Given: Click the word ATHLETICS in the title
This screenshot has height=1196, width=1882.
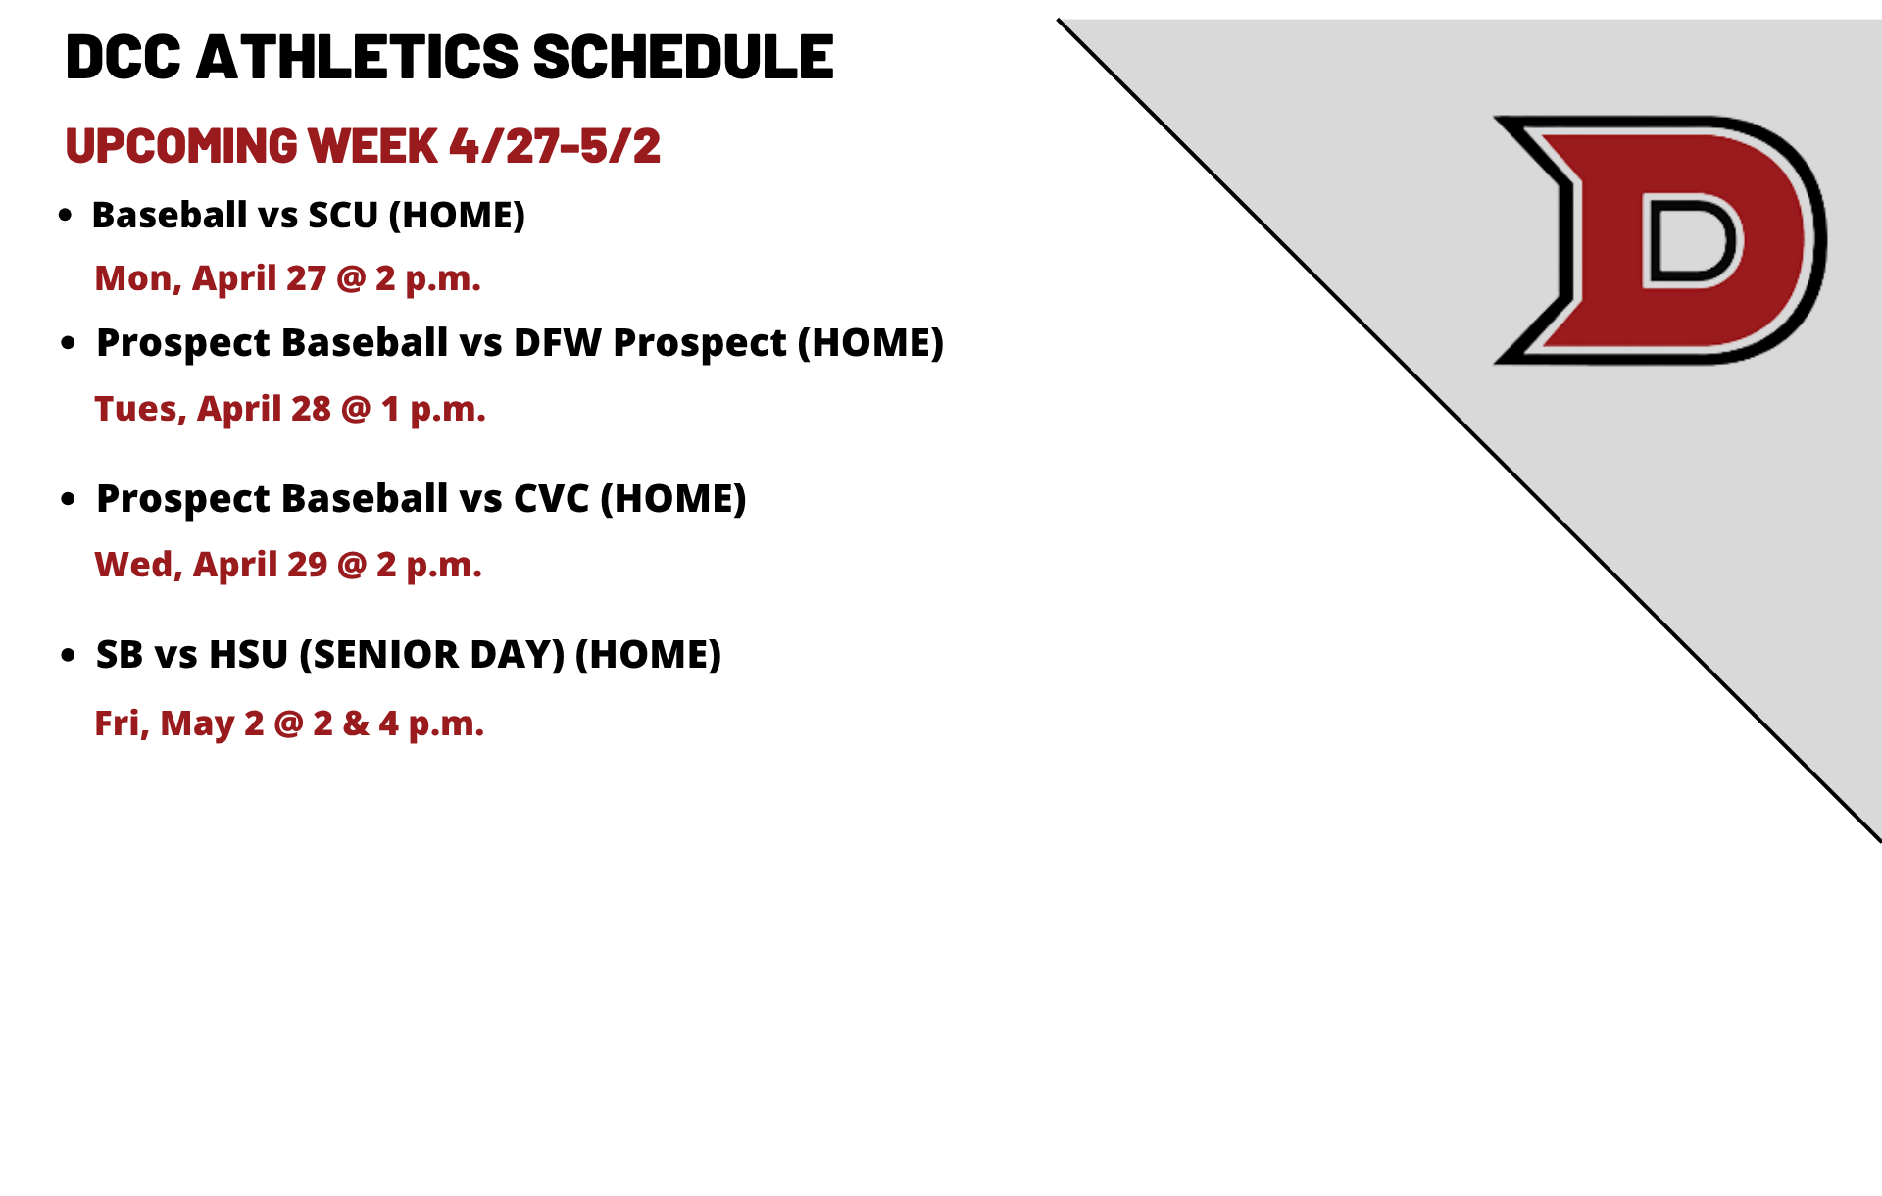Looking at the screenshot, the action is (x=357, y=57).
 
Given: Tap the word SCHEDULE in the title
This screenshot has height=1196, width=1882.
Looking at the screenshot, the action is (x=683, y=57).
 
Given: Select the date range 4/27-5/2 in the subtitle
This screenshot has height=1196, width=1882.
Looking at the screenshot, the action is (x=555, y=146).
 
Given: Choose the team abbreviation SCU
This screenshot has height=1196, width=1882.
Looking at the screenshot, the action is (x=343, y=215).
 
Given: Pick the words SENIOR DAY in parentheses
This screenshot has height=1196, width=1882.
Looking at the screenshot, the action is (x=432, y=655).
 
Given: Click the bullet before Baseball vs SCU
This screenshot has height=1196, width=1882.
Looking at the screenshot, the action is (x=66, y=216).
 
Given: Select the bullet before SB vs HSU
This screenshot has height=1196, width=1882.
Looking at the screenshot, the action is (x=68, y=655).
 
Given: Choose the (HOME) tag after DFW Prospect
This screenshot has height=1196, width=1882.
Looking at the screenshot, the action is (x=870, y=343).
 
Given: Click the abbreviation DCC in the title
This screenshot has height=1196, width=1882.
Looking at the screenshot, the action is (x=124, y=57).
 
